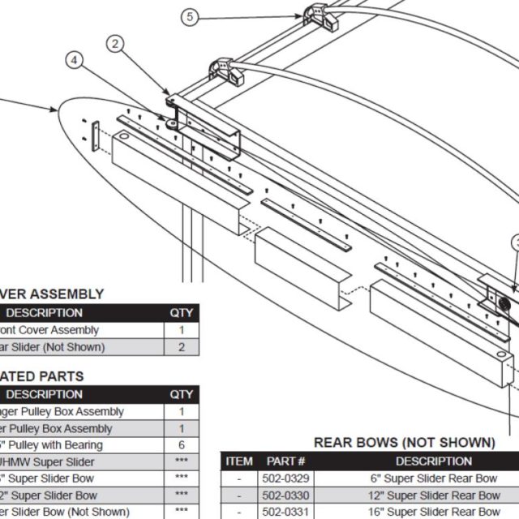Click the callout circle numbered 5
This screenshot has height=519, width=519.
(x=189, y=16)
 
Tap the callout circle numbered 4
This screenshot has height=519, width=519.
(x=75, y=60)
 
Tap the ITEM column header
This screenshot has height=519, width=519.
(x=239, y=461)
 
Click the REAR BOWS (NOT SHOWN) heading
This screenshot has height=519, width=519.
(x=404, y=443)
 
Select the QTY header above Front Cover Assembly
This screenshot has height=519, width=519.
(x=182, y=313)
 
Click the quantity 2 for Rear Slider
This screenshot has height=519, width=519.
(x=182, y=347)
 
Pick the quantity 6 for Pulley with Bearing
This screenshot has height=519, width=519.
(x=182, y=445)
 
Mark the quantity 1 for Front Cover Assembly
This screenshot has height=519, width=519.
(x=182, y=330)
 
